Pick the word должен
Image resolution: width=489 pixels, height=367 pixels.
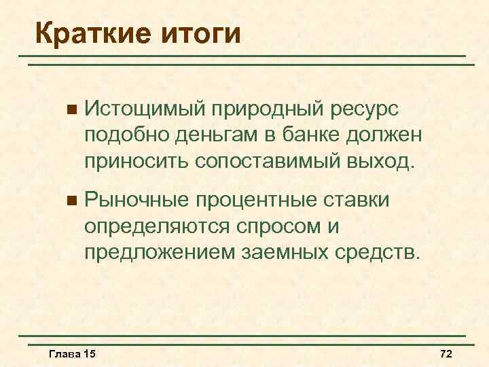click(390, 135)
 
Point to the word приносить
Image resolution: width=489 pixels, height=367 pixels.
click(135, 162)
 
